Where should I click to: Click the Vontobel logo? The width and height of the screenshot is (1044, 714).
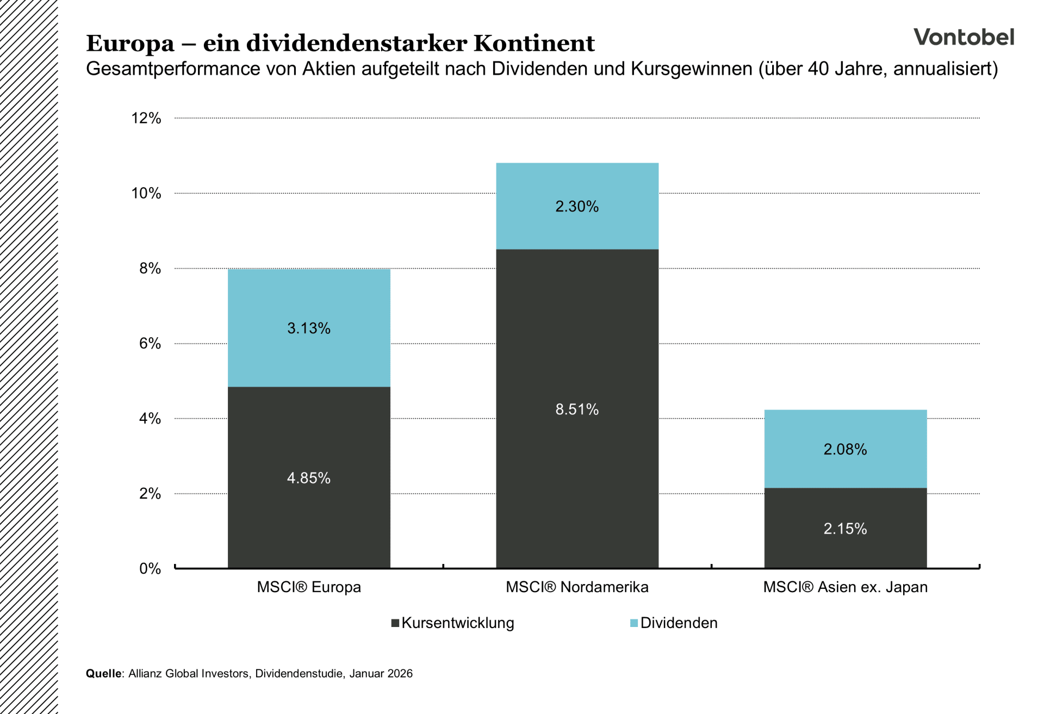[x=963, y=37]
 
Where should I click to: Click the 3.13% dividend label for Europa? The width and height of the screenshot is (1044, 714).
[x=308, y=328]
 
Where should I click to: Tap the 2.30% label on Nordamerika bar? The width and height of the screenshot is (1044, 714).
[x=576, y=207]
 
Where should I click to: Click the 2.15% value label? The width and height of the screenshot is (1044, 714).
[x=845, y=529]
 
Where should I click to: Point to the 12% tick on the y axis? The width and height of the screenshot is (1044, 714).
[x=146, y=118]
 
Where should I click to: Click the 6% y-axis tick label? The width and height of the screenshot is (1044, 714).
[x=150, y=343]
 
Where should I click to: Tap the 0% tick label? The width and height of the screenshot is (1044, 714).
[x=150, y=569]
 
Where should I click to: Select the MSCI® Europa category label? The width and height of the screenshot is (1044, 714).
[x=308, y=587]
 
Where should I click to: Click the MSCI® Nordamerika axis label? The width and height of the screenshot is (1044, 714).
[x=576, y=587]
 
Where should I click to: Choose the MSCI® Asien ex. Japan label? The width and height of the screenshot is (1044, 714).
[x=845, y=587]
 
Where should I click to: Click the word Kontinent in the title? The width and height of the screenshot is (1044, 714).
[x=534, y=44]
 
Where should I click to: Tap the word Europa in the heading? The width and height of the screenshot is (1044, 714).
[x=130, y=44]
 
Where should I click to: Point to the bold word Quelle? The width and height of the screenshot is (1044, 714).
[x=103, y=673]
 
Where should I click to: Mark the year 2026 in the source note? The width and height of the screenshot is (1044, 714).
[x=400, y=673]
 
